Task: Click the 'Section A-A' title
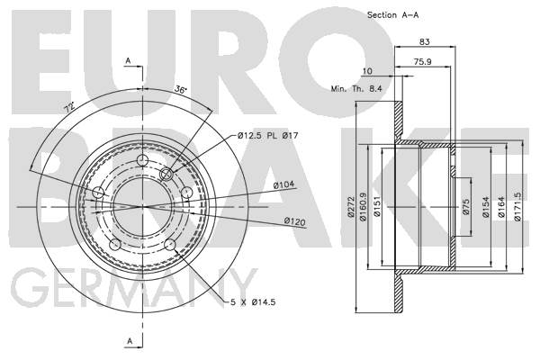[393, 15]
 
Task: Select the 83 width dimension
[425, 41]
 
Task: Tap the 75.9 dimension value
[423, 62]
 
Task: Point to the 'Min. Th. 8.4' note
[356, 88]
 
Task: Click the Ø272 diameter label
[351, 207]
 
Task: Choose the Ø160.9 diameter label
[363, 207]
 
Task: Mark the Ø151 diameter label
[377, 207]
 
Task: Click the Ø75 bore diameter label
[466, 207]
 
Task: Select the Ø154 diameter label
[486, 207]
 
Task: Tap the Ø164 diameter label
[501, 207]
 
